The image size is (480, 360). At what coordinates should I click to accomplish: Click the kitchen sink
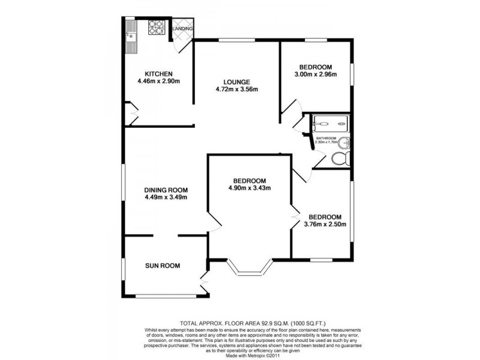(131, 36)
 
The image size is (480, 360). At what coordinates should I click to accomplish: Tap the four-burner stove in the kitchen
(156, 27)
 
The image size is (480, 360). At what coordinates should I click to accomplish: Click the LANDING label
(182, 28)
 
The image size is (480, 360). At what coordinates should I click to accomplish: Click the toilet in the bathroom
(340, 159)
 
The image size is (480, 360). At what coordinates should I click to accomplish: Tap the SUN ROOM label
(162, 265)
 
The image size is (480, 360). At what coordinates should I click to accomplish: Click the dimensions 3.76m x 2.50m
(325, 225)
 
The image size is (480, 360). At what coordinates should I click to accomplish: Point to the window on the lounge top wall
(236, 40)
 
